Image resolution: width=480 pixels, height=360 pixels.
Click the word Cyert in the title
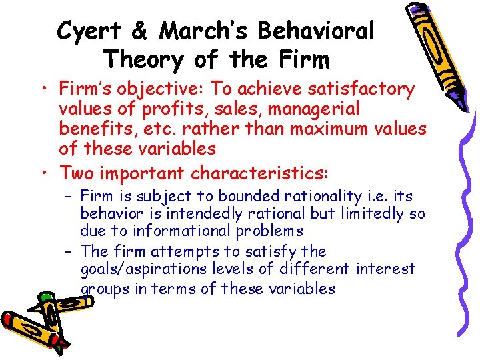(x=88, y=31)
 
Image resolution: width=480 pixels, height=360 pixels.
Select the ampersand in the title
(x=138, y=31)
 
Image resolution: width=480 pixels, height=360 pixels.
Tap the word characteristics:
(x=260, y=173)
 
